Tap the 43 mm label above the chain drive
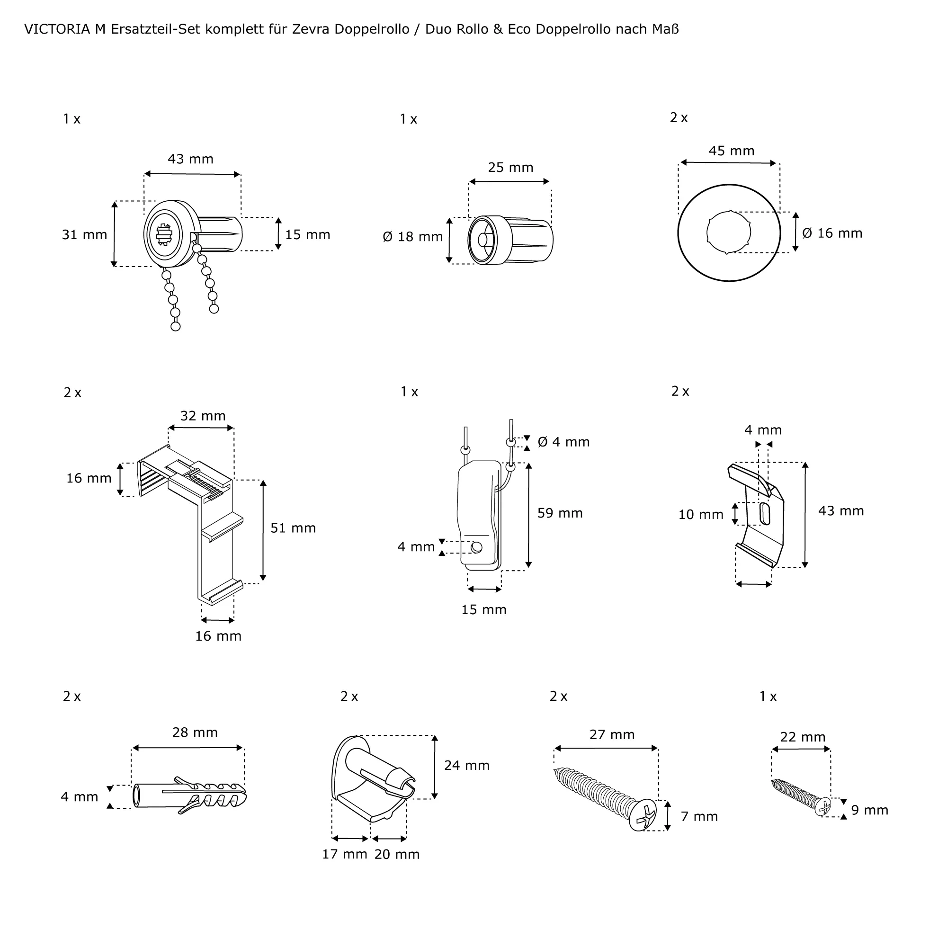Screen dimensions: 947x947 [x=191, y=159]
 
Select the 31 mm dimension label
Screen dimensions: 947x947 [x=84, y=235]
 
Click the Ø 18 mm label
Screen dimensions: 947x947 [x=413, y=237]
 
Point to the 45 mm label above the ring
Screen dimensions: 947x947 [x=732, y=151]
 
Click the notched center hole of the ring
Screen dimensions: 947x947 [x=729, y=232]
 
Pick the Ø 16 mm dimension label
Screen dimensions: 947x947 [x=832, y=233]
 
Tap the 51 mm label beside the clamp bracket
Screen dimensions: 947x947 [x=293, y=528]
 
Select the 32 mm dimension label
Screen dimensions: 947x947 [x=203, y=416]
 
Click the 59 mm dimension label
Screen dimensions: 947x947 [x=560, y=513]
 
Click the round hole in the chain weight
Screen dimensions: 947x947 [x=476, y=547]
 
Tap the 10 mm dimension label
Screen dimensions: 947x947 [x=700, y=515]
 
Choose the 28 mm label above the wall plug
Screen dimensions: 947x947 [x=195, y=733]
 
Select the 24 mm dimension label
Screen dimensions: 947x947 [x=467, y=765]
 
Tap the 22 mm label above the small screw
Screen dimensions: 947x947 [x=803, y=737]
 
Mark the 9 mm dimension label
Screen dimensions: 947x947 [x=869, y=810]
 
